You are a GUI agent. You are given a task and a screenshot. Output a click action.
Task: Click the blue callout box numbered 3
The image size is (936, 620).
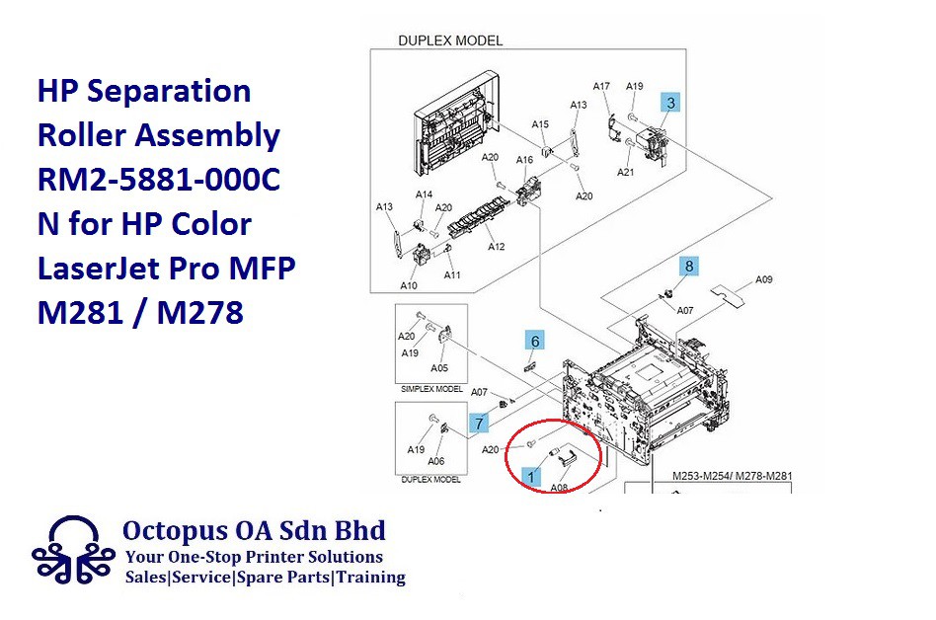point(671,102)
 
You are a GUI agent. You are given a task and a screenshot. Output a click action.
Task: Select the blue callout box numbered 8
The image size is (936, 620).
point(690,266)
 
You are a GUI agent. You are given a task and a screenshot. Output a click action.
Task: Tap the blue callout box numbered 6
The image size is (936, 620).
point(535,342)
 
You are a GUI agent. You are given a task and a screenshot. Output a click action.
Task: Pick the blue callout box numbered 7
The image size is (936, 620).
point(479,424)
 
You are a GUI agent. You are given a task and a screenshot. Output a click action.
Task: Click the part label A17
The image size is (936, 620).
point(601,86)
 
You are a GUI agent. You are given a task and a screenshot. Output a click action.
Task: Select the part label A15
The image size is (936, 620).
point(540,124)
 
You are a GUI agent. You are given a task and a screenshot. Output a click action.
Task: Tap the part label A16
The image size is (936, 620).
point(524,160)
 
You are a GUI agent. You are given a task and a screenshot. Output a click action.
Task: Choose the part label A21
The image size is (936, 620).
point(625,173)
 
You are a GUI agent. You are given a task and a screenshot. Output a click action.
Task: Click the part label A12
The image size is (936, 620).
point(496,247)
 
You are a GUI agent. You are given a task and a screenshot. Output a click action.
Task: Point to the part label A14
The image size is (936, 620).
point(424,194)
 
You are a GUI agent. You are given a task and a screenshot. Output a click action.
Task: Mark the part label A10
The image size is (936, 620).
point(409,285)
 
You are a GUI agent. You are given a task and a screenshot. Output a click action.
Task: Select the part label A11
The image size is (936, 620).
point(452,275)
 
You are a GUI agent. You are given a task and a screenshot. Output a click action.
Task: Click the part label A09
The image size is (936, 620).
point(764,279)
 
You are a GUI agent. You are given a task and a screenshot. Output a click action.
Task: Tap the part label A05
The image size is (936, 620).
point(439,368)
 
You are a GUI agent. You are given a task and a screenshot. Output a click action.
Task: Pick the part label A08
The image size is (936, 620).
point(559,487)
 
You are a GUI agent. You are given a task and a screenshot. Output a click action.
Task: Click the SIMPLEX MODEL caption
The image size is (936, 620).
point(431,389)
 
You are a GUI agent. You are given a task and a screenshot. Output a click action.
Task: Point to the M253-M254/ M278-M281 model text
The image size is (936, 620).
point(732,476)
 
